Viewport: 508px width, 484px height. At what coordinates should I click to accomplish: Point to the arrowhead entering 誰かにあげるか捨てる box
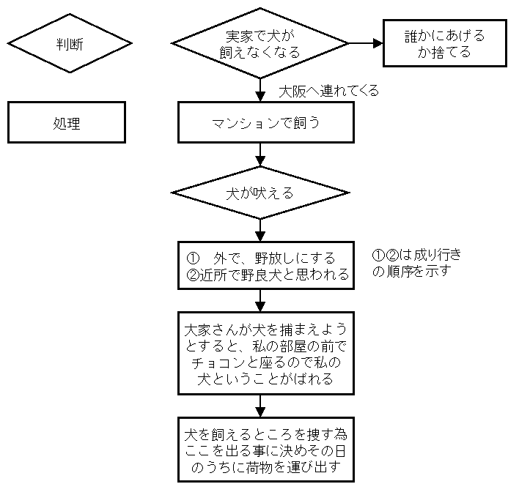point(378,43)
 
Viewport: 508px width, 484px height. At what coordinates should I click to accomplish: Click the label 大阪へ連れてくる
point(329,92)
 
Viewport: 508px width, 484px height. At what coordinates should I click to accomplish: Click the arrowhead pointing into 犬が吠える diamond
point(260,161)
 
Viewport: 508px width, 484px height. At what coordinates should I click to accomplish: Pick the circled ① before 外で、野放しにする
point(193,258)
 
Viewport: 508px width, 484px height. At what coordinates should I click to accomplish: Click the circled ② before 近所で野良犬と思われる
point(193,275)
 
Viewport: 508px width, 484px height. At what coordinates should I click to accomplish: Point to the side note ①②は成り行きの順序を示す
point(416,263)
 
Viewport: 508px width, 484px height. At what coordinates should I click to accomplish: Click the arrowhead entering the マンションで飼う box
point(260,97)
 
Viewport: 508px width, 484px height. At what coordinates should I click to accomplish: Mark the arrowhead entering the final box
point(260,412)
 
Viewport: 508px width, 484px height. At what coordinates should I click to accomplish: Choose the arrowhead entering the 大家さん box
point(260,306)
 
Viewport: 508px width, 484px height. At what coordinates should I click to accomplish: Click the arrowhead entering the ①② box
point(260,237)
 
